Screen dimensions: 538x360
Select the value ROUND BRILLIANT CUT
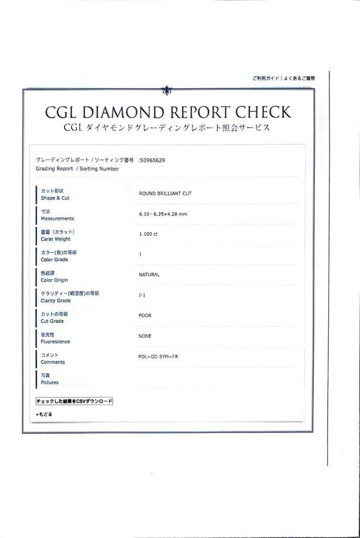[165, 194]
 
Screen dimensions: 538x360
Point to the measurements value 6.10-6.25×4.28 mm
[163, 214]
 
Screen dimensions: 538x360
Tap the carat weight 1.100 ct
[148, 235]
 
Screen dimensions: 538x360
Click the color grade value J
[140, 255]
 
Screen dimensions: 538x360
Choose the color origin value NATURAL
[149, 275]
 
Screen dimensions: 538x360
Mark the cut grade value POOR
[145, 316]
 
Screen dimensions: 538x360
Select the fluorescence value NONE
[145, 336]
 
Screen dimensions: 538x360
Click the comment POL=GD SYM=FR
[158, 357]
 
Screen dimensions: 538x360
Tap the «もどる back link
[44, 414]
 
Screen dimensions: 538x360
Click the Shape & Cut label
[55, 198]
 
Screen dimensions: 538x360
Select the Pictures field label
[49, 383]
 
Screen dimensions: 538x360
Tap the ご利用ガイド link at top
[265, 78]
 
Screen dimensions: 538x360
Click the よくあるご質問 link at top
[299, 78]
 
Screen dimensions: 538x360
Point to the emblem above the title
[167, 90]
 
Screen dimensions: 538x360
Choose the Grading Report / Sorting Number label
[77, 169]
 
